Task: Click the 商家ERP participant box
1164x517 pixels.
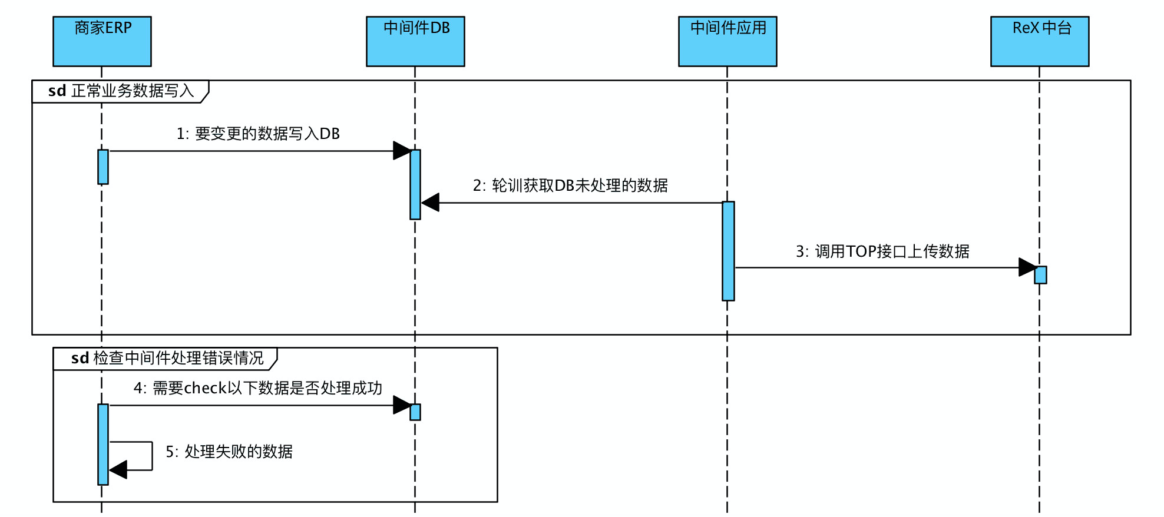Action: (102, 41)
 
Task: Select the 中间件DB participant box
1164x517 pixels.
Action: (415, 41)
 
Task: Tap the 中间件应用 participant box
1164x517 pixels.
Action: (727, 41)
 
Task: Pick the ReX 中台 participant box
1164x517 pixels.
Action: (1040, 41)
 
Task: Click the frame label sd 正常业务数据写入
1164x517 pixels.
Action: (121, 91)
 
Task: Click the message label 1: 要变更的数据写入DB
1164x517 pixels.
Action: (258, 134)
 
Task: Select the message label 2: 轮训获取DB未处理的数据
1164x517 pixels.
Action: (570, 186)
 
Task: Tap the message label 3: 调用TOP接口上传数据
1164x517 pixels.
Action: (882, 252)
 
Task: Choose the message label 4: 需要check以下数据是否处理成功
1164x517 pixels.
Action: (258, 389)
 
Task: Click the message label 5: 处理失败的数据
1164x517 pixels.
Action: (229, 452)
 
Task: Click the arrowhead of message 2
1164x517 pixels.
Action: (431, 203)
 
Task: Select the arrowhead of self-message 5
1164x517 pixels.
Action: (118, 470)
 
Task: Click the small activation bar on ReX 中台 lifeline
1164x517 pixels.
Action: (1040, 275)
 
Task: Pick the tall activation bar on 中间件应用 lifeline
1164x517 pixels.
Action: (728, 251)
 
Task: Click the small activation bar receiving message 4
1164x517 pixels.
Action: (415, 412)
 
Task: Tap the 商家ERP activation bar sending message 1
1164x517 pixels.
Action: (103, 167)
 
